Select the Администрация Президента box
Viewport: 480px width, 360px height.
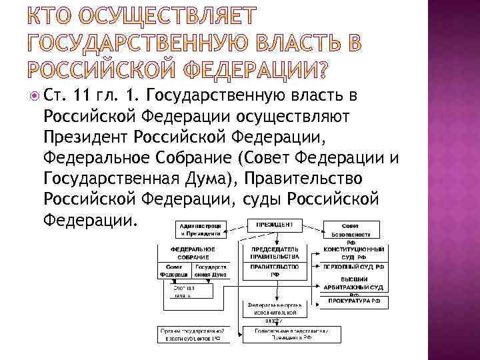point(199,229)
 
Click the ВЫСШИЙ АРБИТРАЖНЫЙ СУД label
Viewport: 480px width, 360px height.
point(353,282)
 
